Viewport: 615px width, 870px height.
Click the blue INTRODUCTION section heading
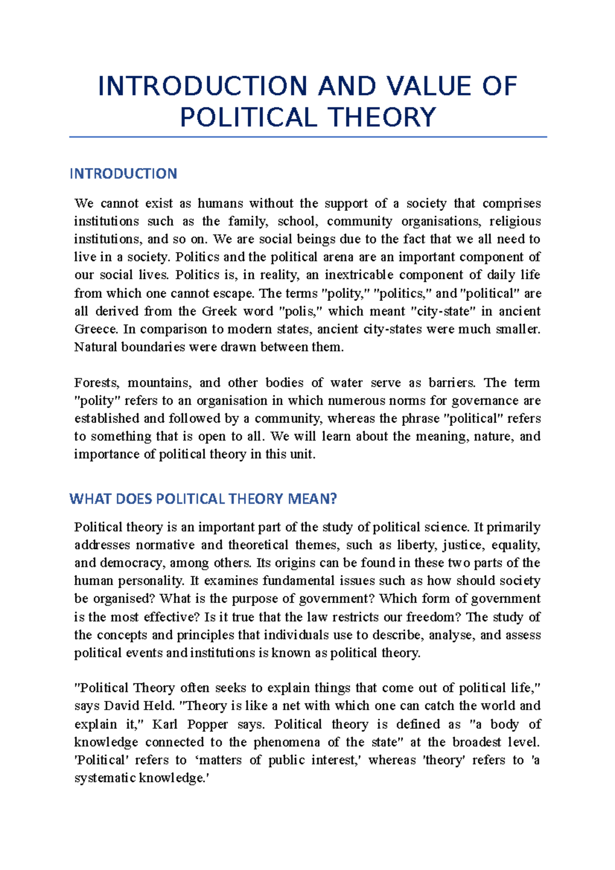pos(123,174)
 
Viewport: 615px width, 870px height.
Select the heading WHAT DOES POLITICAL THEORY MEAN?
pos(203,499)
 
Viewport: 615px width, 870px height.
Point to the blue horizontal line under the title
pos(307,137)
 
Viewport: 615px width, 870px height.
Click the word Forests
pos(97,383)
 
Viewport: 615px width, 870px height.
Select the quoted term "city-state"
pos(444,311)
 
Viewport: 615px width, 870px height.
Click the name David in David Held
pos(124,706)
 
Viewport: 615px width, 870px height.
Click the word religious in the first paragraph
pos(515,221)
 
